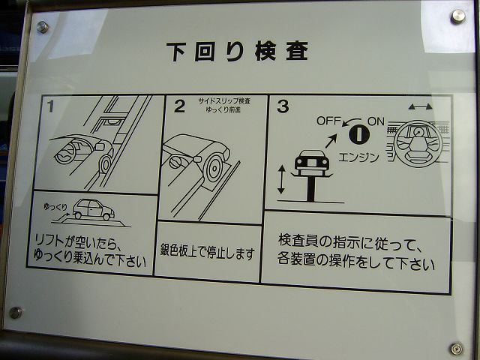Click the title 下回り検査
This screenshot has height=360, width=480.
[237, 52]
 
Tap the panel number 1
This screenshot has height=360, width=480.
[50, 106]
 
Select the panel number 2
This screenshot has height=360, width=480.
[179, 106]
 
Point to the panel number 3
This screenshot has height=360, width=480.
[283, 106]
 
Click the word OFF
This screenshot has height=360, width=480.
[328, 121]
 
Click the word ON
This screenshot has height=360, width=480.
[376, 121]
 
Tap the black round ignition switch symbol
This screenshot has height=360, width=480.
[359, 134]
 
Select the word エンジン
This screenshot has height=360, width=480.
[358, 157]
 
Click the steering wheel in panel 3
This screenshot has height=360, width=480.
[418, 144]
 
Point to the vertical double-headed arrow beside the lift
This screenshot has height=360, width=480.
[281, 179]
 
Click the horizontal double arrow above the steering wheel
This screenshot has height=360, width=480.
[420, 106]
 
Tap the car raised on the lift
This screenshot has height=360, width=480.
[312, 160]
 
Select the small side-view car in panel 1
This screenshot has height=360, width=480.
[93, 209]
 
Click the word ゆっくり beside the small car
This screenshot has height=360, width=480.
[55, 207]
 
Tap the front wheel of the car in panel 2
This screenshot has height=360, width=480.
[214, 168]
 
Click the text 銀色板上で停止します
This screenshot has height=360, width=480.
[207, 253]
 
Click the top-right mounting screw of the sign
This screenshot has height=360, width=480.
[458, 16]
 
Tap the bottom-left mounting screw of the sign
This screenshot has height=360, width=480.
[15, 313]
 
